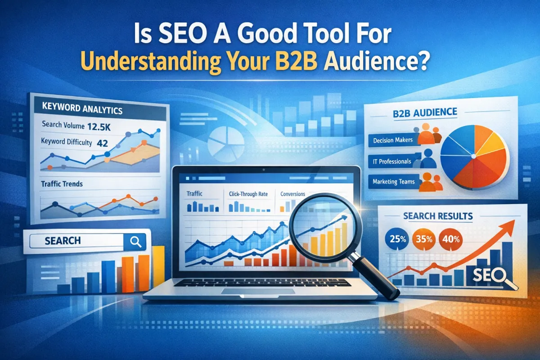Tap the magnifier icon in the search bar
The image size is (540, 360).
pyautogui.click(x=135, y=241)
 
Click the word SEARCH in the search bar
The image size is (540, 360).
pyautogui.click(x=63, y=241)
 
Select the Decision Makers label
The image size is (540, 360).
pyautogui.click(x=393, y=140)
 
